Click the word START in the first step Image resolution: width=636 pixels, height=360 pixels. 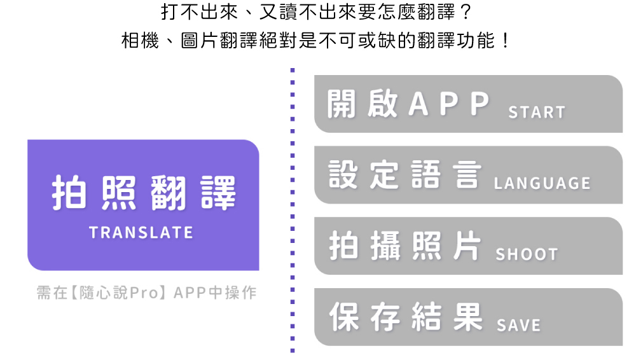(536, 113)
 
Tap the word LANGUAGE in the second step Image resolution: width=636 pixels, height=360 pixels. (542, 184)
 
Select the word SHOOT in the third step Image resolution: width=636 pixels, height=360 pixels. (526, 254)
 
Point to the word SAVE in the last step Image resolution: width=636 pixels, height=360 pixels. (518, 326)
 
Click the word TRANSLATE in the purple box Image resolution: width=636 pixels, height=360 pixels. (141, 233)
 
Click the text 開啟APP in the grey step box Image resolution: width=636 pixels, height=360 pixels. (408, 104)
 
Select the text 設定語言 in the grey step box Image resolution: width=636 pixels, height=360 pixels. (405, 175)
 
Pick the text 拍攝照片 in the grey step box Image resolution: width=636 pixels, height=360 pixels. (405, 246)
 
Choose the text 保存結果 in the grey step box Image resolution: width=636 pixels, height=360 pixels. (405, 317)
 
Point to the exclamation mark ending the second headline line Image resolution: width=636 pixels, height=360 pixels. (505, 42)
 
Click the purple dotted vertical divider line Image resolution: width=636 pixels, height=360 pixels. (293, 210)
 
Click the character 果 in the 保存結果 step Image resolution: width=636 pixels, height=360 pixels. (469, 317)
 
